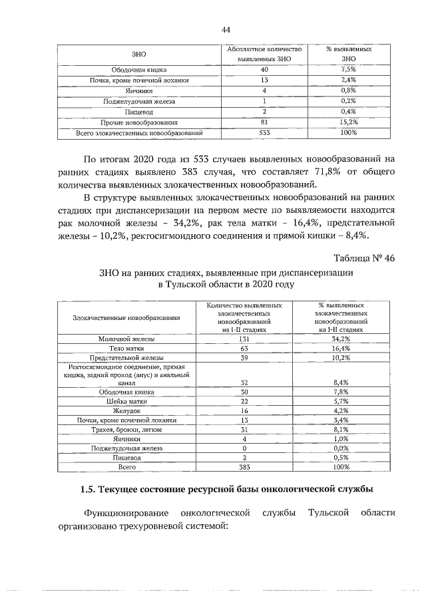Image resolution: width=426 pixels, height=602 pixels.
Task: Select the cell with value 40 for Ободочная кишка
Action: tap(264, 69)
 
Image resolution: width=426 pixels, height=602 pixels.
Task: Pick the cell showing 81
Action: tap(264, 122)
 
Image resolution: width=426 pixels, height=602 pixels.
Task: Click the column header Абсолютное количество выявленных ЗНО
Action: tap(264, 54)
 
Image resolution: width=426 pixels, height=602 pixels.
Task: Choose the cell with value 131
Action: tap(244, 339)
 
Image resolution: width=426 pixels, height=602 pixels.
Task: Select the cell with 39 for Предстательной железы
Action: tap(244, 357)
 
